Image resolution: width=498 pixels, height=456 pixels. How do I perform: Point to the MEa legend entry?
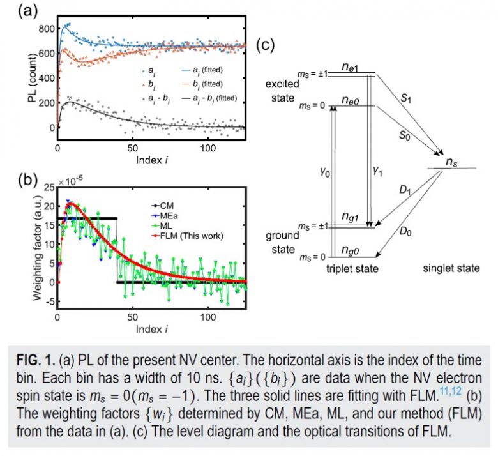point(167,217)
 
